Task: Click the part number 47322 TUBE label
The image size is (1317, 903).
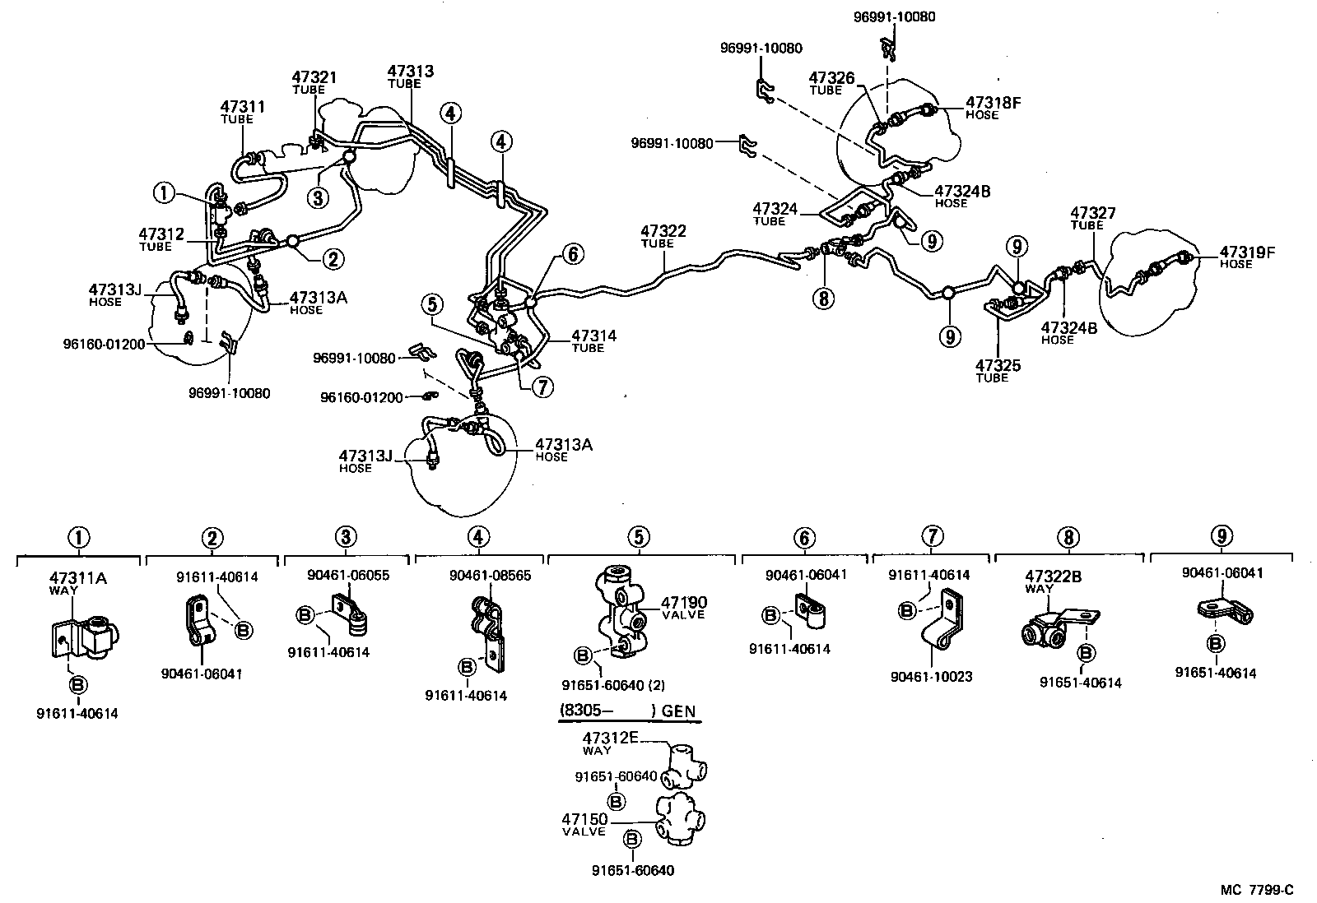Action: (x=663, y=237)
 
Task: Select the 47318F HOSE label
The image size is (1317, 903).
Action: (x=993, y=108)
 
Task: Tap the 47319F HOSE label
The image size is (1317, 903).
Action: (x=1246, y=257)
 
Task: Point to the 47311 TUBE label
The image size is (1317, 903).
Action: (x=242, y=112)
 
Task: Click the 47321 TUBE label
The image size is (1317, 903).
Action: (x=314, y=82)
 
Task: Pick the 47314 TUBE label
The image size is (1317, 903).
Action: (x=593, y=340)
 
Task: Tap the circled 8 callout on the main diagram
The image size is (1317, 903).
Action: (x=823, y=298)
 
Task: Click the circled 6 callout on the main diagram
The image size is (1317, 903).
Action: (x=570, y=254)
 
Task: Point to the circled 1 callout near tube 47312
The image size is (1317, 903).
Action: (x=164, y=194)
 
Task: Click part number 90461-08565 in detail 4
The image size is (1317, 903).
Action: (x=490, y=576)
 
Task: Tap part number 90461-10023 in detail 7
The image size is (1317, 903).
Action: (x=931, y=677)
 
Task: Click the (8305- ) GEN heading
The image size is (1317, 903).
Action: (x=629, y=711)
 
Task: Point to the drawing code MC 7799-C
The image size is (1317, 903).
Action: (x=1257, y=889)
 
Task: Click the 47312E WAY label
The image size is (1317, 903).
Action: (x=610, y=742)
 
